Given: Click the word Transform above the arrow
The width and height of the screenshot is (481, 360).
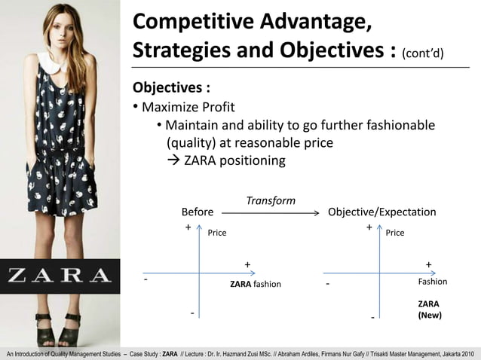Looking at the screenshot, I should point(271,201).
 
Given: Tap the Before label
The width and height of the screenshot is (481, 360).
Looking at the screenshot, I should point(198,212).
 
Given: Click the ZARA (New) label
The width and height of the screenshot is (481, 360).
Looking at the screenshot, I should point(429,310).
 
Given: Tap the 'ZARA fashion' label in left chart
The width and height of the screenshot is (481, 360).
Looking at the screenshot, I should point(255,284).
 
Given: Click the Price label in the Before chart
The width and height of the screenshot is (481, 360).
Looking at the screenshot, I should point(217,233).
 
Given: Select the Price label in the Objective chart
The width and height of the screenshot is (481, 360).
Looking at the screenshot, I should point(395,233).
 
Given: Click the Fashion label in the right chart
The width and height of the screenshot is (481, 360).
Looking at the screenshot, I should point(432,281).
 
